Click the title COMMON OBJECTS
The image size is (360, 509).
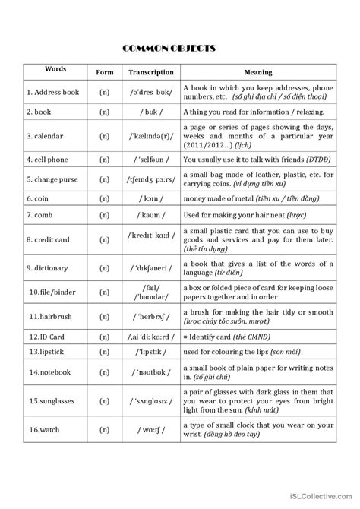(180, 49)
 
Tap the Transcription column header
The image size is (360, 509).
(151, 72)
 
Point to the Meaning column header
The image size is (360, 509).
(258, 72)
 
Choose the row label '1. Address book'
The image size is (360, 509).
(53, 92)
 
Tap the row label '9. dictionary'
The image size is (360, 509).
(51, 267)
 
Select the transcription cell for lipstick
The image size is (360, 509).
(151, 352)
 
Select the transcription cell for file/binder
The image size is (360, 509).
(151, 291)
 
